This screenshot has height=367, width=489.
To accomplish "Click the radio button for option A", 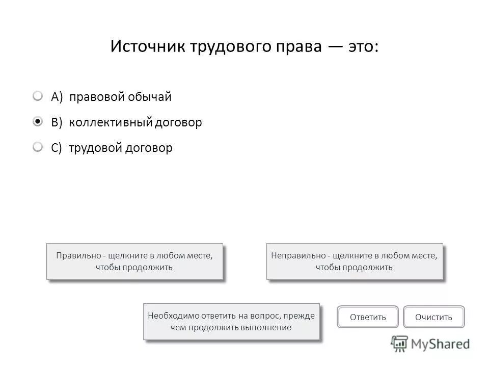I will pos(38,96).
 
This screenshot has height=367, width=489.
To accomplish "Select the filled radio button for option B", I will pos(38,122).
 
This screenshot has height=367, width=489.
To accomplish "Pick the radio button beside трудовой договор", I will pos(38,147).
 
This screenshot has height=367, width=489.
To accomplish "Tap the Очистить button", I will pos(433,317).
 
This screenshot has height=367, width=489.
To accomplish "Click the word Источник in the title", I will pos(148,47).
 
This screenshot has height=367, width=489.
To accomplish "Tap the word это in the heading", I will pos(363,47).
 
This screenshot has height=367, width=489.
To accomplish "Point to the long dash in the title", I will pos(335,47).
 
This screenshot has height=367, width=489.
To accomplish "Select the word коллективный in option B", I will pos(110,123).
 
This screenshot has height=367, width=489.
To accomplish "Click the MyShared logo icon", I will pos(399,343).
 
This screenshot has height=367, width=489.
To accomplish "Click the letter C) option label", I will pos(57,148).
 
